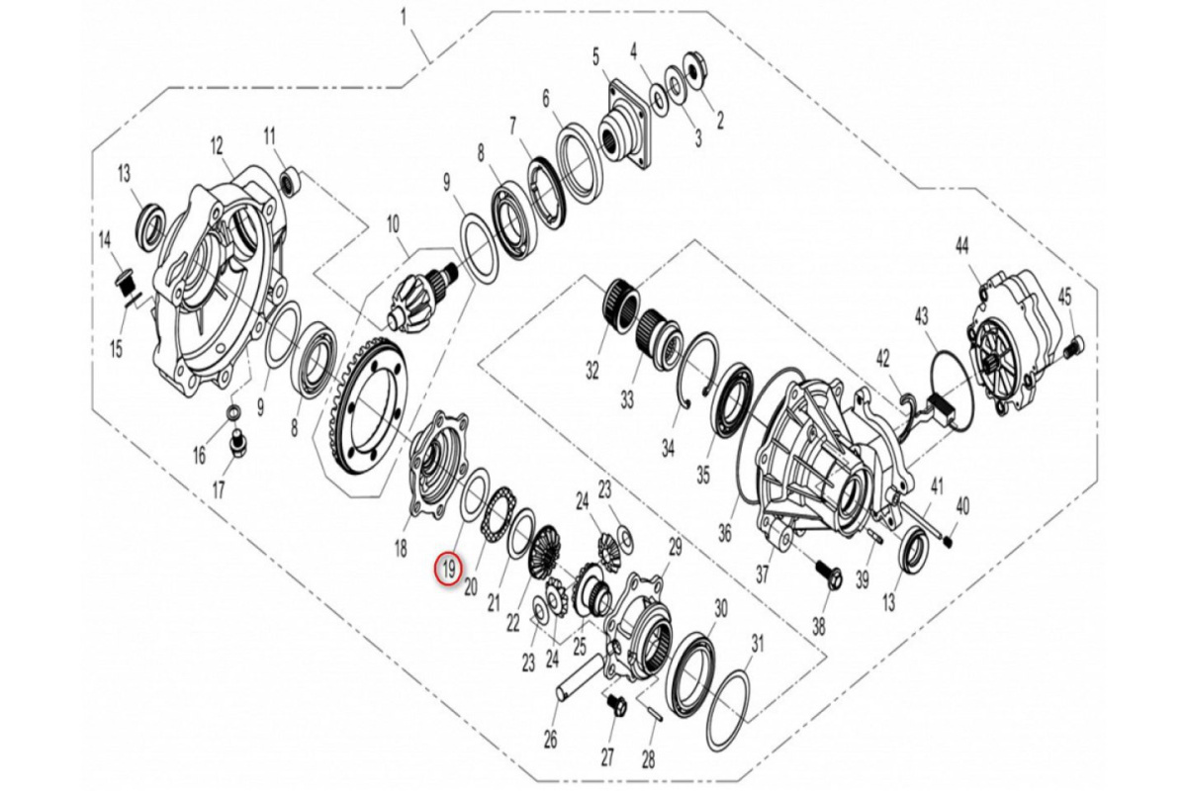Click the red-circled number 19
(x=448, y=571)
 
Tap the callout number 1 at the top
(x=404, y=18)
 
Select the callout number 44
(x=961, y=246)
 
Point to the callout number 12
(x=217, y=145)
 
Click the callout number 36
(x=724, y=533)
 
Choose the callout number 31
(x=758, y=645)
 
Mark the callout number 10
(x=393, y=225)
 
